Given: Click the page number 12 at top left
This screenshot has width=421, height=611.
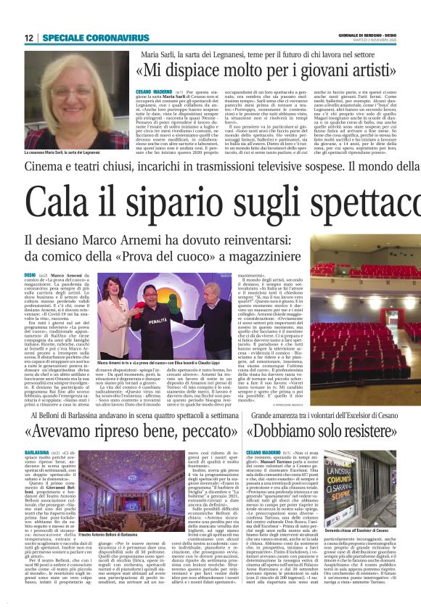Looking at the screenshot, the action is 28,38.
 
